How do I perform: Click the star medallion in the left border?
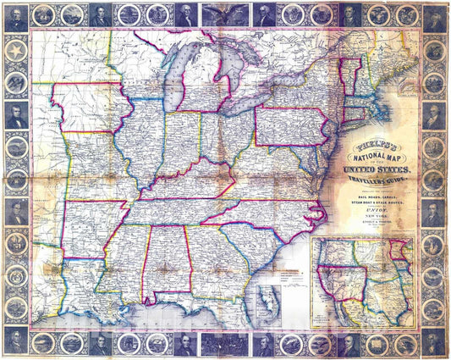coord(15,50)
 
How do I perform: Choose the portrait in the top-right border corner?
coord(434,17)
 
